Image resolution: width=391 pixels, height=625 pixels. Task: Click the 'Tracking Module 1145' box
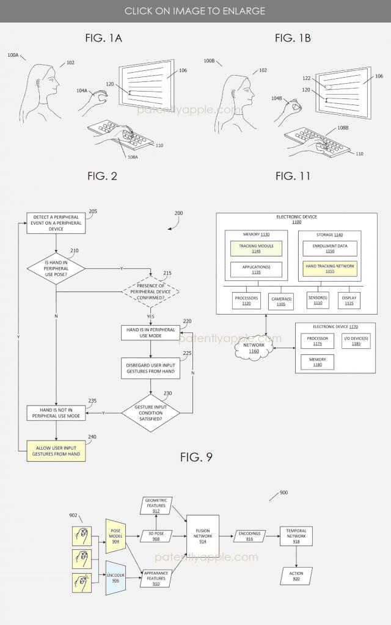[256, 248]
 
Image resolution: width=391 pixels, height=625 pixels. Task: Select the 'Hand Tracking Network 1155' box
[330, 269]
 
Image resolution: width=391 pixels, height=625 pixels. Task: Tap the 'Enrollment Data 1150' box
[330, 248]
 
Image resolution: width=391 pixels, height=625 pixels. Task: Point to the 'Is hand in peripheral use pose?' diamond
[56, 268]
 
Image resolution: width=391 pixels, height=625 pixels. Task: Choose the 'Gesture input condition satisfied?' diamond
[150, 412]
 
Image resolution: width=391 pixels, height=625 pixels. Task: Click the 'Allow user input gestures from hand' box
[56, 451]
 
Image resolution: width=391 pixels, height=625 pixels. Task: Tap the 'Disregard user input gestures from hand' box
[150, 368]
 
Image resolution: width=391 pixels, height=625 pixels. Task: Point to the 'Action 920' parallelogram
[296, 574]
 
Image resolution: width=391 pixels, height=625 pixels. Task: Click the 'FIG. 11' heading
[293, 176]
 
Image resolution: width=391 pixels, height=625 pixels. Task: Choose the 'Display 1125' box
[349, 300]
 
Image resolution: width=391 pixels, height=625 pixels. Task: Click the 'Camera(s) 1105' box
[282, 300]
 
